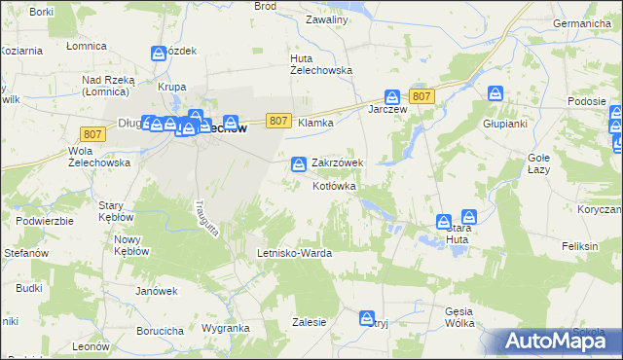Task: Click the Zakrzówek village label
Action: tap(337, 163)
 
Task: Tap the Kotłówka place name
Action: tap(335, 186)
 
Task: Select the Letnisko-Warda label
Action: tap(294, 253)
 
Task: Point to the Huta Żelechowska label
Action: tap(321, 64)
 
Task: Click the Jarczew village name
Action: tap(386, 109)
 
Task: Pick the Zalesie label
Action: tap(308, 321)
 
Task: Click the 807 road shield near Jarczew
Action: tap(421, 95)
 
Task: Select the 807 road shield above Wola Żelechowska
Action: tap(93, 134)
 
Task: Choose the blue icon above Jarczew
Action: tap(391, 97)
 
